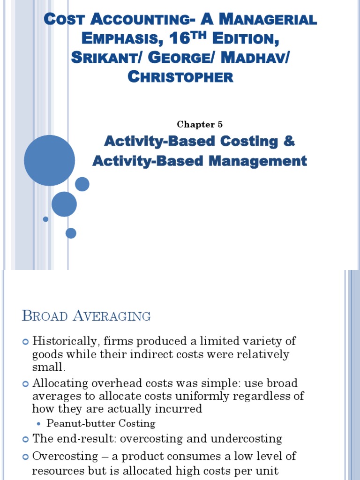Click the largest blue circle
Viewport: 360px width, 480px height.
tap(49, 160)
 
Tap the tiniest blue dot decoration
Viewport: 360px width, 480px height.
tap(45, 219)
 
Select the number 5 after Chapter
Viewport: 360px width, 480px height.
tap(220, 125)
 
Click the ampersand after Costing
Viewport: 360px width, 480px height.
tap(288, 141)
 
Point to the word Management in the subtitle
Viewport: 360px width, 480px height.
tap(257, 161)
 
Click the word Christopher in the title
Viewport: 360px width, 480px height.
tap(180, 76)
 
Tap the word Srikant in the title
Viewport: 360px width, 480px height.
tap(104, 58)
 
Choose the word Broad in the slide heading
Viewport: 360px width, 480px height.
tap(45, 315)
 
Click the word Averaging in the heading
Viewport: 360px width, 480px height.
tap(112, 315)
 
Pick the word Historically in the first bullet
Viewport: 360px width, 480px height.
tap(67, 341)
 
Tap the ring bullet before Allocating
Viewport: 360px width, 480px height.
tap(26, 384)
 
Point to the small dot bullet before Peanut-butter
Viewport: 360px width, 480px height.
tap(38, 424)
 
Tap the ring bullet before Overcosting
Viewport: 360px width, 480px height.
tap(26, 457)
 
